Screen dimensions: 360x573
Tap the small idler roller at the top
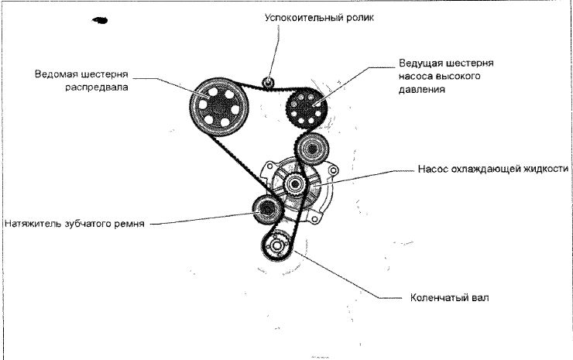[268, 82]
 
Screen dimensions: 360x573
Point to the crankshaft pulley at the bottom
[276, 247]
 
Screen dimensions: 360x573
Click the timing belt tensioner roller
[267, 208]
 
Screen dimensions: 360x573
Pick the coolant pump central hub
[295, 185]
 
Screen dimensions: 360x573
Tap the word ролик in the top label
[359, 17]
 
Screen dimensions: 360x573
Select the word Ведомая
[57, 75]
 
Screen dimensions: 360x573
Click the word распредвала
[97, 88]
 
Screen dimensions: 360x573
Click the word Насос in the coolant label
[434, 169]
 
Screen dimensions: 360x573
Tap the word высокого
[469, 76]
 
